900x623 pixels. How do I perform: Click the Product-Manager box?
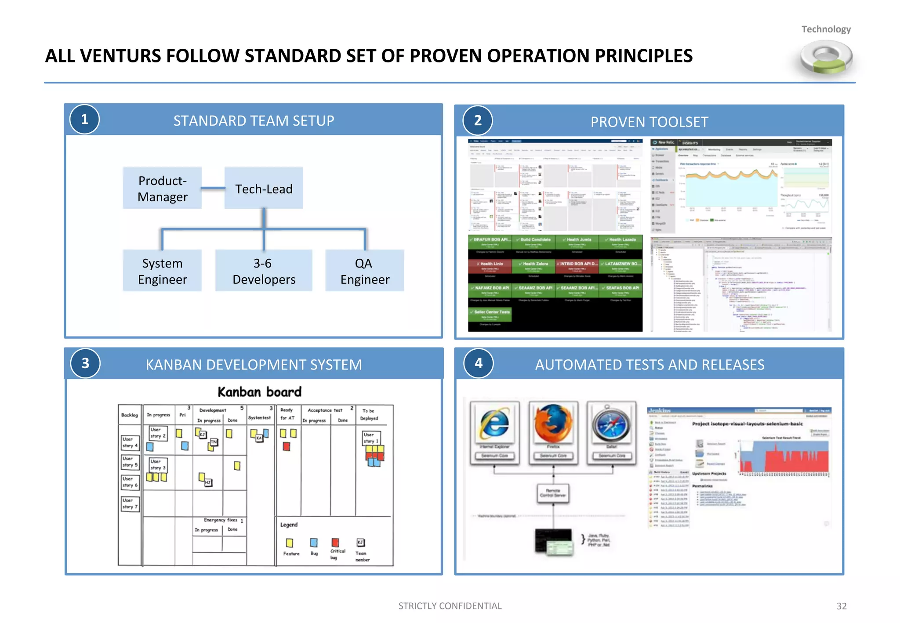click(162, 188)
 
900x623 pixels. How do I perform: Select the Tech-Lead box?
click(264, 188)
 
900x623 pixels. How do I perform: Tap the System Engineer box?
click(162, 271)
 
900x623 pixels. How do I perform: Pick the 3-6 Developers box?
click(264, 271)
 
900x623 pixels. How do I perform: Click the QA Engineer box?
click(364, 271)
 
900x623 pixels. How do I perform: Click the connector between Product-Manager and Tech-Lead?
click(213, 188)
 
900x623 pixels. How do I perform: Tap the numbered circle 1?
click(85, 120)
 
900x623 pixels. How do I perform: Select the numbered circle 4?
click(479, 363)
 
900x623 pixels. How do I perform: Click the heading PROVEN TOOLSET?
click(649, 122)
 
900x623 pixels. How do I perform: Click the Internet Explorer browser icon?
click(494, 424)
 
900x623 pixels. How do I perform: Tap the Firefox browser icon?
click(553, 424)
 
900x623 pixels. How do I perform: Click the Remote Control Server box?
click(553, 493)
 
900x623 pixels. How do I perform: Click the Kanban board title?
click(259, 392)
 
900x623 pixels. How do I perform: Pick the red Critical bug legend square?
click(335, 543)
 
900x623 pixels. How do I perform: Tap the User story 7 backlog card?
click(130, 503)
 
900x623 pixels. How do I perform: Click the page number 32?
click(841, 606)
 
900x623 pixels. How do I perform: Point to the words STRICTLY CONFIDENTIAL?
click(450, 606)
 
